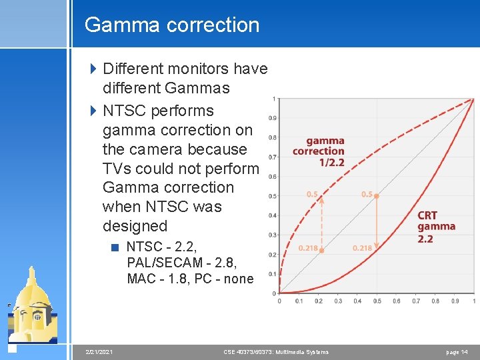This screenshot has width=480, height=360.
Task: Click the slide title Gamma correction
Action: pyautogui.click(x=172, y=25)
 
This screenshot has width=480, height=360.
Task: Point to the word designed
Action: pyautogui.click(x=135, y=226)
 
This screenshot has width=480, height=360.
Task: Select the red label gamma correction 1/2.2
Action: pyautogui.click(x=319, y=151)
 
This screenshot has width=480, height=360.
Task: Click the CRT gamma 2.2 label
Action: pyautogui.click(x=437, y=227)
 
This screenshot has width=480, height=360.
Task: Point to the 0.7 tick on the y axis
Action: pyautogui.click(x=273, y=157)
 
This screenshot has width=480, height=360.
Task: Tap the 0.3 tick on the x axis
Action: pyautogui.click(x=338, y=301)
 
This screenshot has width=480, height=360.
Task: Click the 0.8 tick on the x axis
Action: pyautogui.click(x=435, y=301)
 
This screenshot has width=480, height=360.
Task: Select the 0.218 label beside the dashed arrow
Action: pyautogui.click(x=308, y=248)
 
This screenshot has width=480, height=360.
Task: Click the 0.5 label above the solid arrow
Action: pyautogui.click(x=367, y=194)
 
